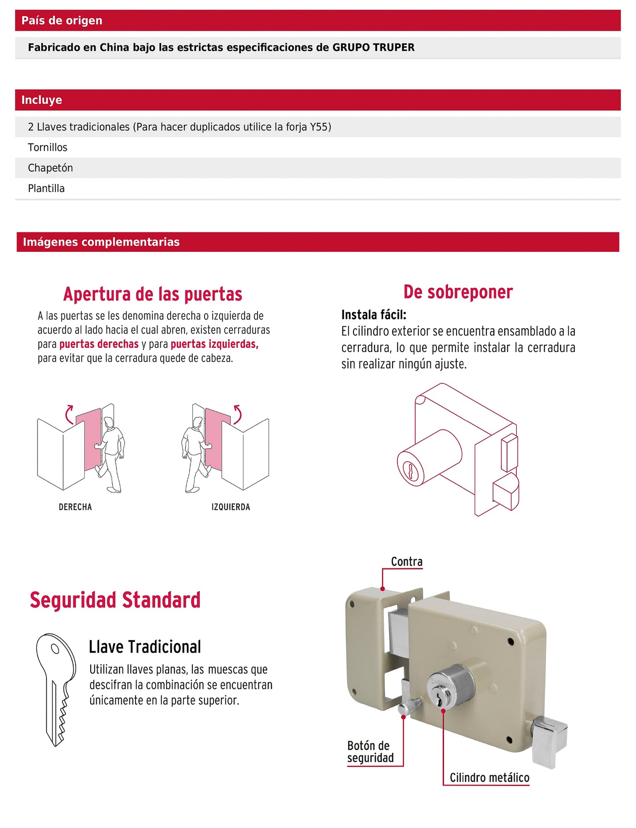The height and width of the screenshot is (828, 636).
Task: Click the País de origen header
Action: pos(62,20)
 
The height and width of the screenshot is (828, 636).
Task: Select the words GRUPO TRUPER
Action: pos(373,48)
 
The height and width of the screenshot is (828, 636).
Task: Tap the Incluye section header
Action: pos(41,100)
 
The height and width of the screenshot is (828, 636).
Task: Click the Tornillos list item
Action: pos(48,147)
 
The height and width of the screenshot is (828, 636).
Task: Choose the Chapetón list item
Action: pos(50,168)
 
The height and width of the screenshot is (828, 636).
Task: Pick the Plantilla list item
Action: pos(46,188)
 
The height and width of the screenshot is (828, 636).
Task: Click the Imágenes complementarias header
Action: pos(101,242)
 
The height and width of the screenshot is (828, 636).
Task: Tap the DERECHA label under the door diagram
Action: pos(75,507)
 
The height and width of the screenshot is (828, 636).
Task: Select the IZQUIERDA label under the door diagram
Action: pos(231,507)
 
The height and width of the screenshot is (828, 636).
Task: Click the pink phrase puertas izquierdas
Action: pos(214,344)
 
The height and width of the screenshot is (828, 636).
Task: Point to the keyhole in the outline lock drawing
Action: pos(410,471)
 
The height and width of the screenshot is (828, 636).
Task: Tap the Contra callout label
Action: pos(407,562)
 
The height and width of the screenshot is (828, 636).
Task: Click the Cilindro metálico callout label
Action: pos(489,778)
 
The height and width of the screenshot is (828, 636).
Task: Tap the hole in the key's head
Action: pos(55,649)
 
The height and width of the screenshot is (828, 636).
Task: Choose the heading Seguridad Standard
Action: pos(115,600)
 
